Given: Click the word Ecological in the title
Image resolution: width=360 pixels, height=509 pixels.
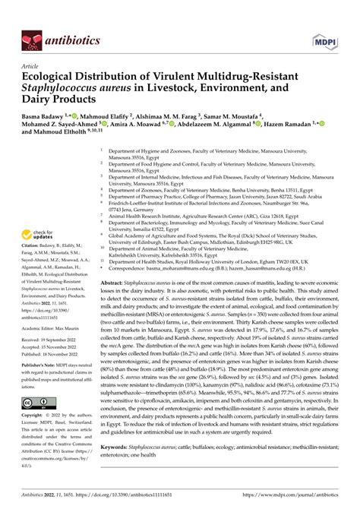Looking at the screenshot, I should (x=46, y=77).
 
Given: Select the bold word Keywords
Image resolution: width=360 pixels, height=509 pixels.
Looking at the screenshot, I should (x=120, y=450).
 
